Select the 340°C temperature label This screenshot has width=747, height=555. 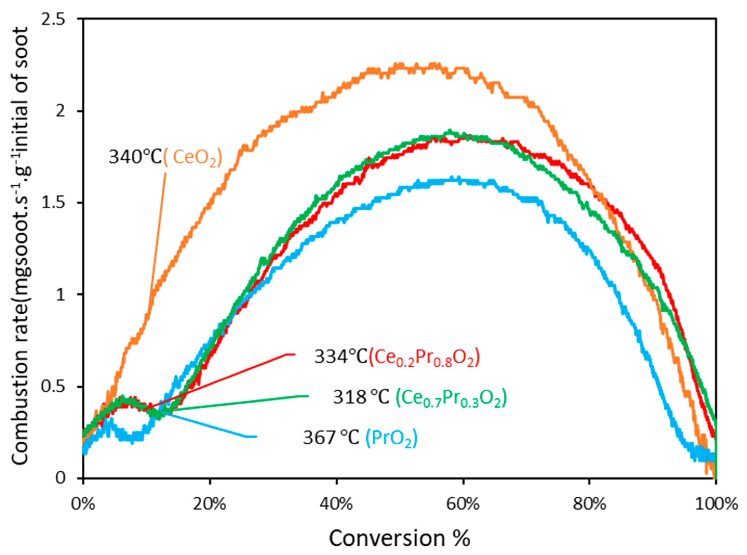(135, 157)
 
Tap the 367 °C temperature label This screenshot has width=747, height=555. (331, 438)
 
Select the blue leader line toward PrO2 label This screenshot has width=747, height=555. (208, 425)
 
